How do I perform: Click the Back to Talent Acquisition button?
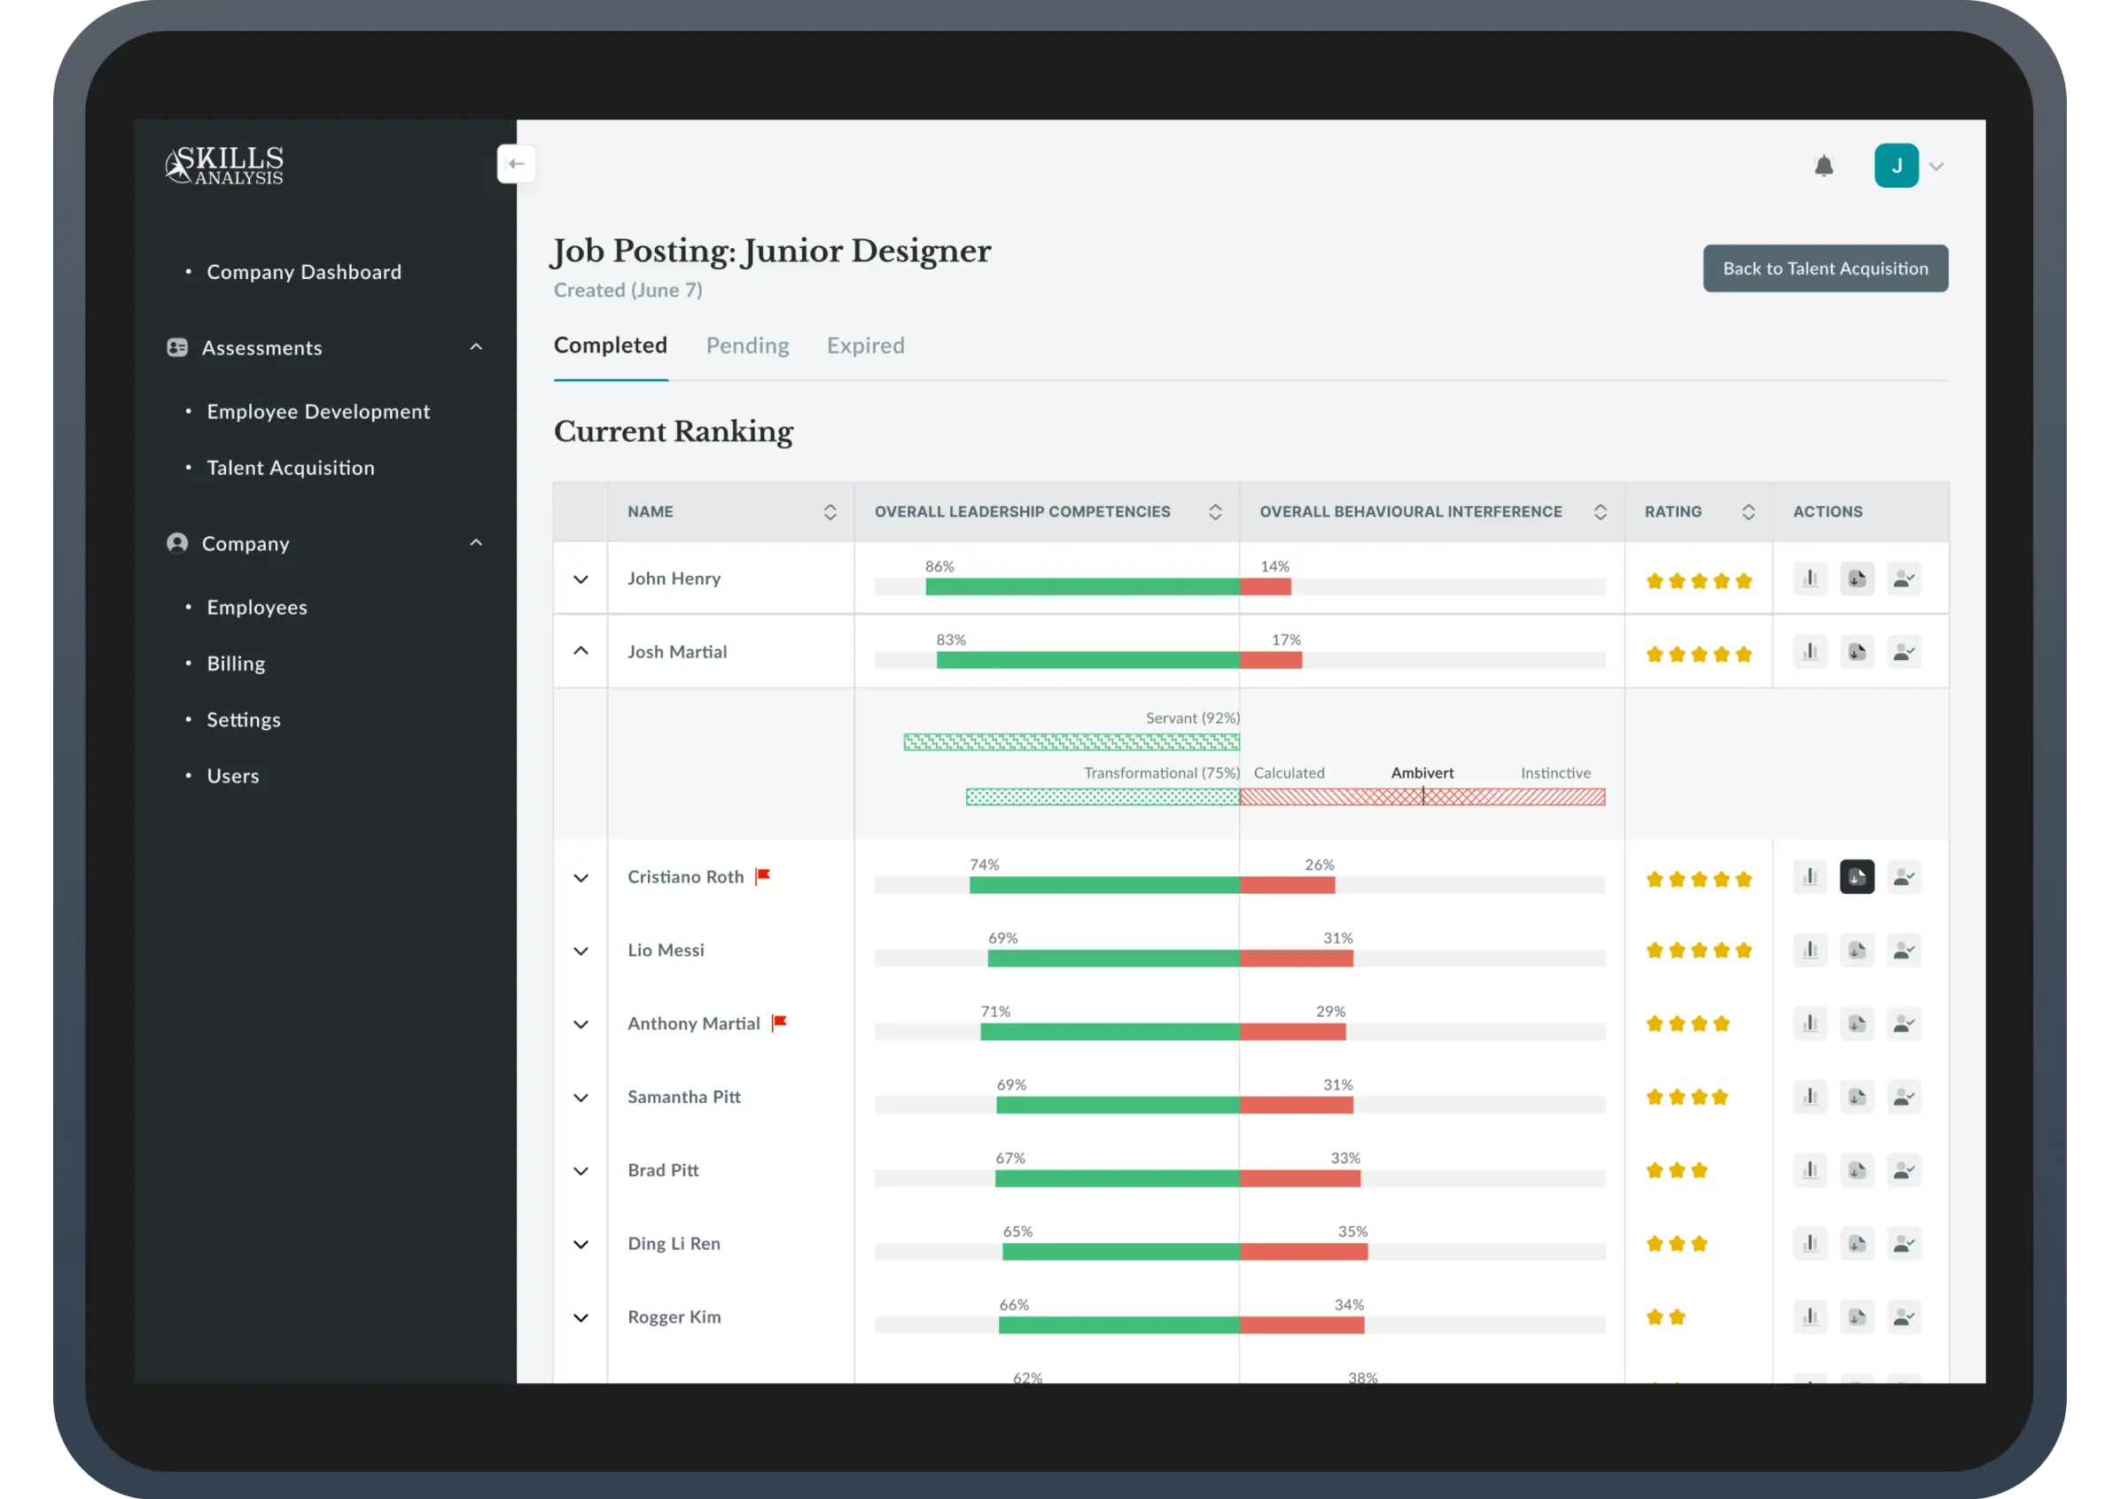pos(1825,268)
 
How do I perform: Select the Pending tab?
pos(747,346)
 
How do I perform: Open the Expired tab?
pos(864,346)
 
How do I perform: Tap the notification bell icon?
pos(1823,167)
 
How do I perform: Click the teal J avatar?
pos(1896,167)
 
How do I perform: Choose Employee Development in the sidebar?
pos(317,412)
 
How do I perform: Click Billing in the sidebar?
pos(236,664)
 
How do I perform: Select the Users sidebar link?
pos(233,776)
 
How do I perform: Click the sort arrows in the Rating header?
pos(1748,512)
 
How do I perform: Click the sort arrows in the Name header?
pos(830,512)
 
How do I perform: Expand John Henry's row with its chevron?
pos(581,579)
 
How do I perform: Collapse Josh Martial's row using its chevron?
pos(581,652)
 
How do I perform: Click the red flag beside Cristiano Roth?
pos(763,876)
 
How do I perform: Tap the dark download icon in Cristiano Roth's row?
pos(1856,877)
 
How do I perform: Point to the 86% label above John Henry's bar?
pos(939,567)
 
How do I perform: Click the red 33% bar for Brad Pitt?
pos(1299,1178)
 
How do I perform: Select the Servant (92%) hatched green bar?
pos(1072,742)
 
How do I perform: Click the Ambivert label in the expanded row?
pos(1421,773)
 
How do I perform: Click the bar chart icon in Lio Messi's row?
pos(1810,950)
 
